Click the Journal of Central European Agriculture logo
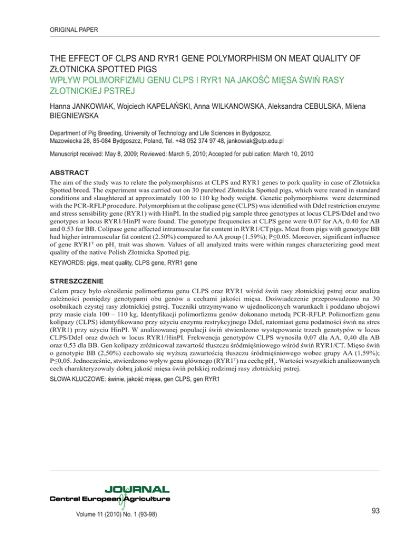click(x=109, y=497)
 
